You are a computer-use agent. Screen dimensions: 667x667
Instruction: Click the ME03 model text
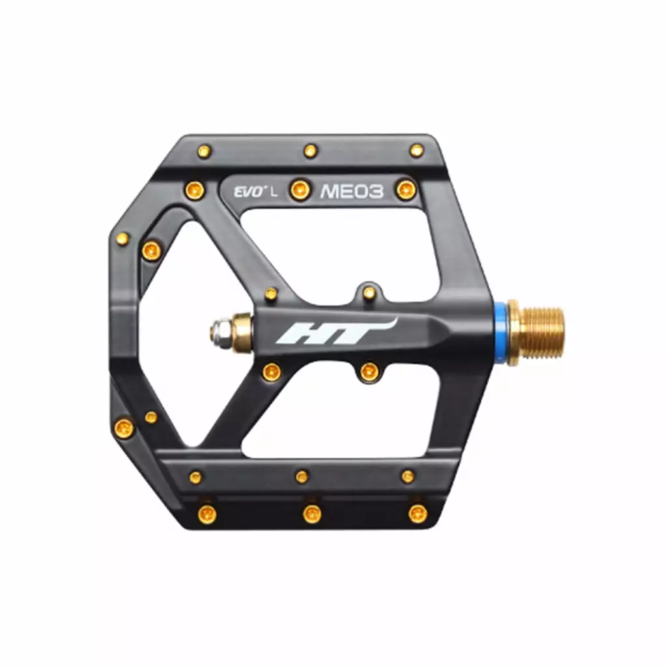[352, 191]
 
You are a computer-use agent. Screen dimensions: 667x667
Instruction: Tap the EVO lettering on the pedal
[248, 192]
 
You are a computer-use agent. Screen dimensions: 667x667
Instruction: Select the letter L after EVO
[274, 192]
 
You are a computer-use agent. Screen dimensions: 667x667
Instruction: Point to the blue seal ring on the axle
[500, 333]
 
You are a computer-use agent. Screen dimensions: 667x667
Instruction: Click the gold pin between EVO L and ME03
[299, 190]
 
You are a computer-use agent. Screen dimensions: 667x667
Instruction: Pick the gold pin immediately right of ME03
[406, 190]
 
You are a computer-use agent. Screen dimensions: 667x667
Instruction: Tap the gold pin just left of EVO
[194, 190]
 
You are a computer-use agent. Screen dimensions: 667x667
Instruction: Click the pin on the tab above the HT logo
[369, 292]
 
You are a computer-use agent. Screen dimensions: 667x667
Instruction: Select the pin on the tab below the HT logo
[369, 372]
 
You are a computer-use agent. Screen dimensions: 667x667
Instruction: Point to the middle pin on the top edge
[311, 151]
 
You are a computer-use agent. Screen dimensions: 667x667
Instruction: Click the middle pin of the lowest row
[312, 514]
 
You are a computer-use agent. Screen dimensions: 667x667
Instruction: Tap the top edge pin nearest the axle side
[416, 150]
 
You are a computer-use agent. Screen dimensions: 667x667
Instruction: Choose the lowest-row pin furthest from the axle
[206, 514]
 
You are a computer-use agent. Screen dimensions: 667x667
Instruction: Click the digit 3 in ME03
[375, 191]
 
